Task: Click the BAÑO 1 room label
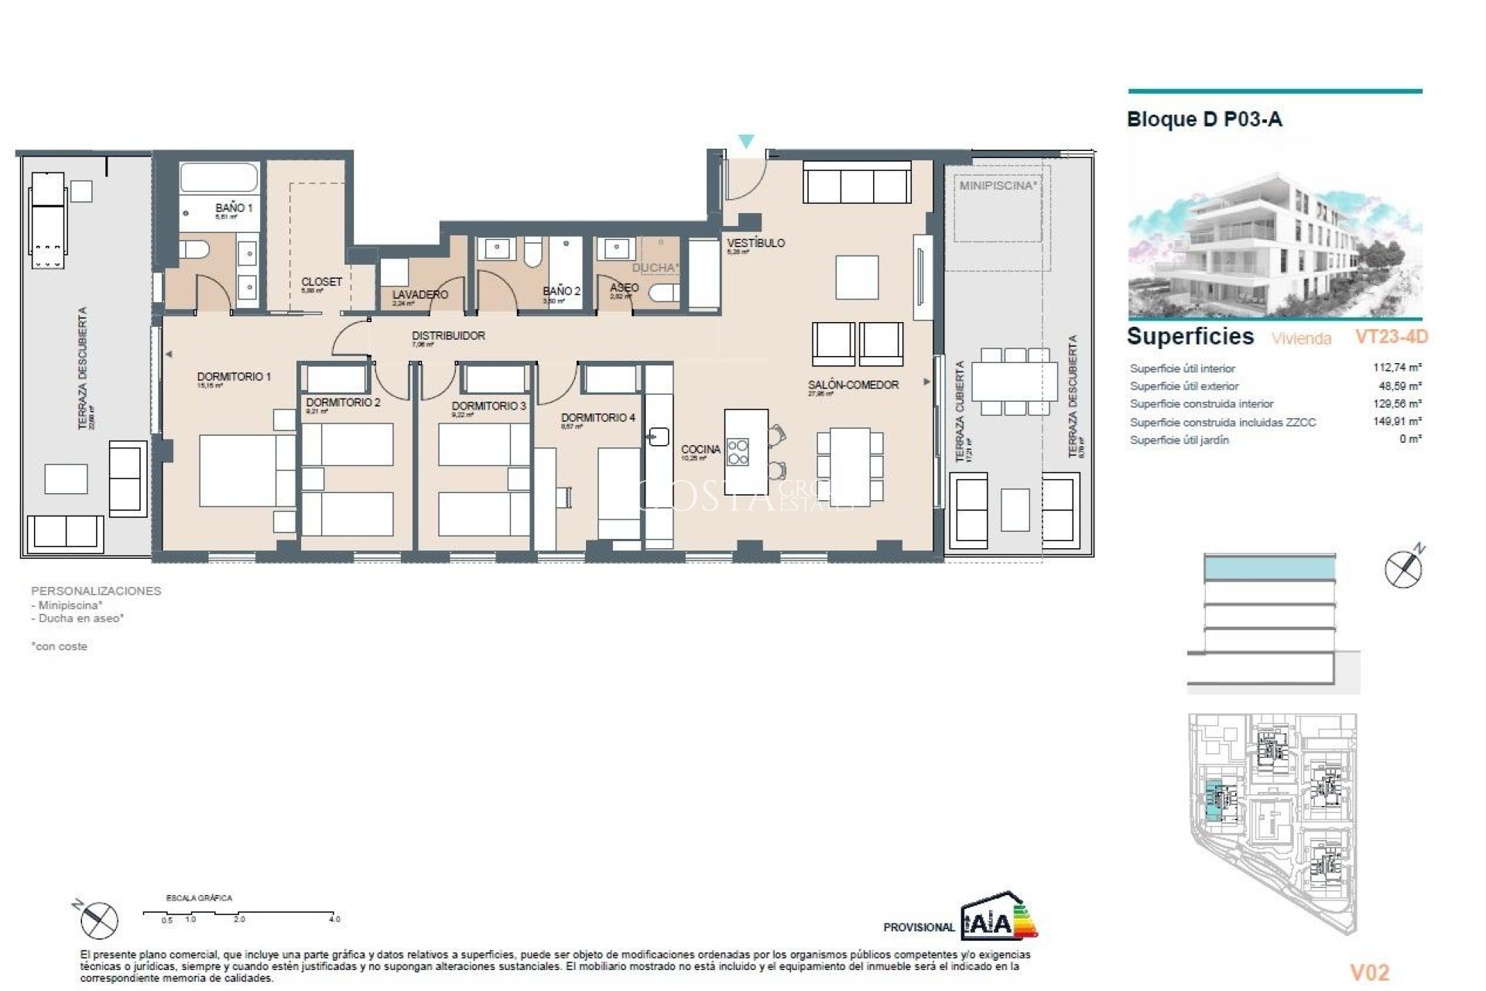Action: coord(233,207)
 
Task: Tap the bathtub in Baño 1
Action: coord(219,177)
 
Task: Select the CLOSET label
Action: coord(321,282)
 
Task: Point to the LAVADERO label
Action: coord(419,295)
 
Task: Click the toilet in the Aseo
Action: coord(664,293)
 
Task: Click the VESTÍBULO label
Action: coord(755,243)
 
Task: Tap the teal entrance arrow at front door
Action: coord(745,141)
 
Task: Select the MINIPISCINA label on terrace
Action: coord(997,186)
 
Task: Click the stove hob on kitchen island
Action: coord(738,451)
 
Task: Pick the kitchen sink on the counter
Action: coord(659,437)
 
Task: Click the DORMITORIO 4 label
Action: coord(597,417)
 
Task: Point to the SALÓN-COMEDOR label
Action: coord(853,385)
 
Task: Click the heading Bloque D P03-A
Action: coord(1204,119)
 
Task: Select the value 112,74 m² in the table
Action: coord(1397,368)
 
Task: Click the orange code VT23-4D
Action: coord(1391,337)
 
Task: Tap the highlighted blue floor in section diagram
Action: coord(1269,569)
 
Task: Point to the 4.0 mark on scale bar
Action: coord(334,920)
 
